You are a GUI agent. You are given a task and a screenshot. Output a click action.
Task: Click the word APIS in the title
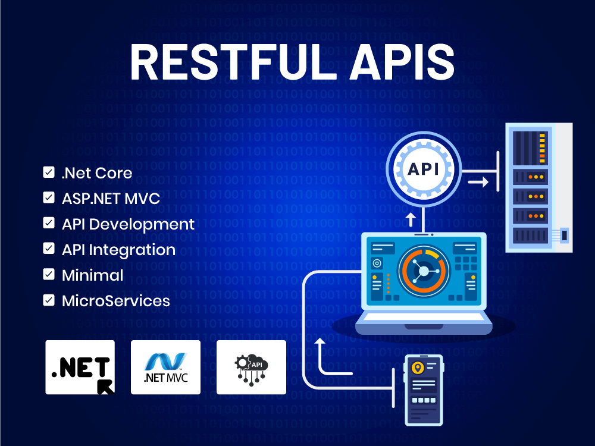coord(402,62)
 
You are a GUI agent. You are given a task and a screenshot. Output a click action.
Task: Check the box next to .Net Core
coord(49,172)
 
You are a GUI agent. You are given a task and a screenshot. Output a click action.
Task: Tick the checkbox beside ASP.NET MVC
coord(49,197)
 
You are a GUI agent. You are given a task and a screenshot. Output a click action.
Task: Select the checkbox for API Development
coord(49,223)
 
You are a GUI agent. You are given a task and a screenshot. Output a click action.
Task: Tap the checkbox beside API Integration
coord(49,249)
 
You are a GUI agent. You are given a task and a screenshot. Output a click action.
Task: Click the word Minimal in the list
coord(93,275)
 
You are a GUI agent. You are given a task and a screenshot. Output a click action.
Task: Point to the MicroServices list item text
coord(116,301)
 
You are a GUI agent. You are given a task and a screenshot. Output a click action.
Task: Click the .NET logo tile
coord(80,367)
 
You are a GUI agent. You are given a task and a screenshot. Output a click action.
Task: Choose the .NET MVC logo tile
coord(165,367)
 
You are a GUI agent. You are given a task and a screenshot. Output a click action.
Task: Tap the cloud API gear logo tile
coord(251,367)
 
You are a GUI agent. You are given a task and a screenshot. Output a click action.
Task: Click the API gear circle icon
coord(424,169)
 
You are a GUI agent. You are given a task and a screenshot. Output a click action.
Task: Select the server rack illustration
coord(539,187)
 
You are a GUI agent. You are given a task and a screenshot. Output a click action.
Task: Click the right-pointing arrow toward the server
coord(478,183)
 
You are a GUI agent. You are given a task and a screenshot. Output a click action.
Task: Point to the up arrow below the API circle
coord(411,219)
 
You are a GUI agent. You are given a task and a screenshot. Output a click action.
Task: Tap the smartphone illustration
coord(424,390)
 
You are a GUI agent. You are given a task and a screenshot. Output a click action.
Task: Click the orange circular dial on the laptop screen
coord(424,271)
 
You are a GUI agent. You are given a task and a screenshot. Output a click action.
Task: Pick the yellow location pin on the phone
coord(418,368)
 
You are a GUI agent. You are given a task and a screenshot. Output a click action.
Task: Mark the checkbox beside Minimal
coord(49,274)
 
